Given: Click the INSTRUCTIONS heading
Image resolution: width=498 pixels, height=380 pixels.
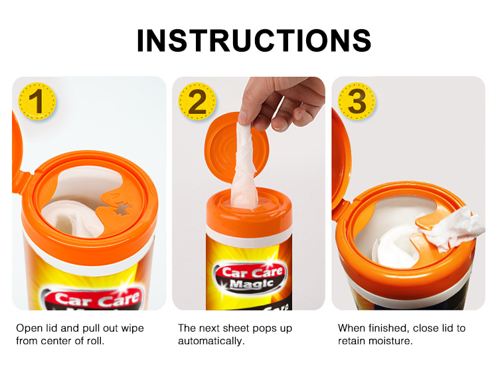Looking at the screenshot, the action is [x=254, y=40].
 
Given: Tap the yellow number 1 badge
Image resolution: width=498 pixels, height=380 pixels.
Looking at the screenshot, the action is [x=37, y=101].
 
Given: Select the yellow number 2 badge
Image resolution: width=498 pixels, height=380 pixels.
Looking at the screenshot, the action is [x=197, y=101].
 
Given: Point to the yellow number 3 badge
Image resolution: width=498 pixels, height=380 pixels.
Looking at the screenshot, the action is [x=357, y=101].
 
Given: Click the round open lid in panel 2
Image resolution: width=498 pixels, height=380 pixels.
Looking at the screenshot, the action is [x=236, y=148].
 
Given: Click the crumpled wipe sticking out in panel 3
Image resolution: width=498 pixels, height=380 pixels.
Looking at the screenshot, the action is [x=454, y=227].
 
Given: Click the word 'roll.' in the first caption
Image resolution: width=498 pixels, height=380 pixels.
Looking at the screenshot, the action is [x=96, y=341].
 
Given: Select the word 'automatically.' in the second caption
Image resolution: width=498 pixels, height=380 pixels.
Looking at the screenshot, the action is [x=211, y=342].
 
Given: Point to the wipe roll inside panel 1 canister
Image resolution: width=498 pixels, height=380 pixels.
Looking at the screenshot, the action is [x=74, y=218].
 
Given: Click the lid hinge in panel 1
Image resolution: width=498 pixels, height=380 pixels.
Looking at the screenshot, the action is [x=28, y=182].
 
